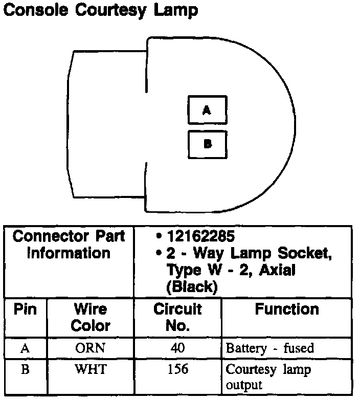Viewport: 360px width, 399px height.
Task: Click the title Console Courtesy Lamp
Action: point(100,10)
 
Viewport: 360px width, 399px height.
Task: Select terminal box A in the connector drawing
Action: point(207,110)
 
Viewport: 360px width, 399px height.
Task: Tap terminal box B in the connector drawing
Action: point(207,144)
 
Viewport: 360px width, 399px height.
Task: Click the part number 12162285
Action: point(200,237)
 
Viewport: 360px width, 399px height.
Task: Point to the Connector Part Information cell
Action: point(69,245)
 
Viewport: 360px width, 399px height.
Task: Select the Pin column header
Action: point(25,309)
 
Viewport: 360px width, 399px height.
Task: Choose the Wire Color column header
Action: point(90,317)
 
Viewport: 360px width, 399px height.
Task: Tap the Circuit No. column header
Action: point(177,317)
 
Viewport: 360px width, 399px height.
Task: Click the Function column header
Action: point(287,309)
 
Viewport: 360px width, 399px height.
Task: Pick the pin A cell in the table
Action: point(25,348)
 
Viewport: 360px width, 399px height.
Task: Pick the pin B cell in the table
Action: point(25,369)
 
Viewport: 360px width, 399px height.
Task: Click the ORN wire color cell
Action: point(90,348)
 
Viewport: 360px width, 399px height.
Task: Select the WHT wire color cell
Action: point(90,369)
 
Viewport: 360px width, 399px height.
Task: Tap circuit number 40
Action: point(177,348)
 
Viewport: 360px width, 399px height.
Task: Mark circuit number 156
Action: point(177,369)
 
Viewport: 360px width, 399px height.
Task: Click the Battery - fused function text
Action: point(269,349)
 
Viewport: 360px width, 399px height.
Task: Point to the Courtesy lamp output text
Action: point(268,376)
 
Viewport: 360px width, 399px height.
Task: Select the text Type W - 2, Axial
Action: point(231,270)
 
